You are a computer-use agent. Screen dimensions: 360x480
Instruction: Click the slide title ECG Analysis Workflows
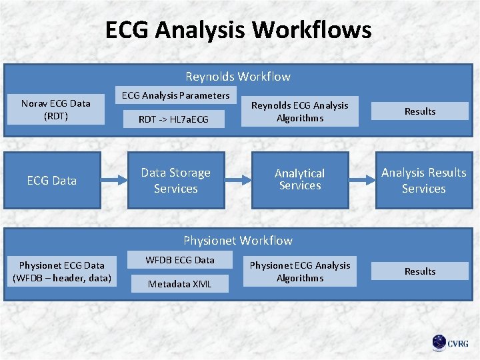pos(238,30)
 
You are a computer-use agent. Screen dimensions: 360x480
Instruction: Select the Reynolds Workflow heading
pos(238,77)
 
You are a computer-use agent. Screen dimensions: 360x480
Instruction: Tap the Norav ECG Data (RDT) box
pos(55,110)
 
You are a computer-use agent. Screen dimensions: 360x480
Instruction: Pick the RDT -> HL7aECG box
pos(173,119)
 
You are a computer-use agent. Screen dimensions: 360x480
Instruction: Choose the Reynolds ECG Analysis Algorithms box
pos(299,111)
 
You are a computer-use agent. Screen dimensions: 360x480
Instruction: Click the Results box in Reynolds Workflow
pos(420,111)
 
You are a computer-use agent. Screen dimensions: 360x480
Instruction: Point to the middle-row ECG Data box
pos(52,180)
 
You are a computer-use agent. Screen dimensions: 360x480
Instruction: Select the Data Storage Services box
pos(176,180)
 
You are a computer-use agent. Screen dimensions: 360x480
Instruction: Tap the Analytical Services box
pos(300,179)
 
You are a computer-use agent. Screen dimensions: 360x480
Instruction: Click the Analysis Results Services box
pos(423,180)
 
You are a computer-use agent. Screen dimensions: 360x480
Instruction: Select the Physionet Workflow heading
pos(238,240)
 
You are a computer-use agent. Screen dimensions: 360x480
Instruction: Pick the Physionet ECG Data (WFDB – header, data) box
pos(62,271)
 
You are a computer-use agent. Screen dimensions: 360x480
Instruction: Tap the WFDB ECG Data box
pos(180,259)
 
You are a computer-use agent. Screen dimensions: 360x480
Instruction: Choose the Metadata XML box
pos(180,284)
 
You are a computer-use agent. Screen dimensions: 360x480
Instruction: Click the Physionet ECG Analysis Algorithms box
pos(299,271)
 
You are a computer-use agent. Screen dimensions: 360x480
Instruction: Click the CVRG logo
pos(451,343)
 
